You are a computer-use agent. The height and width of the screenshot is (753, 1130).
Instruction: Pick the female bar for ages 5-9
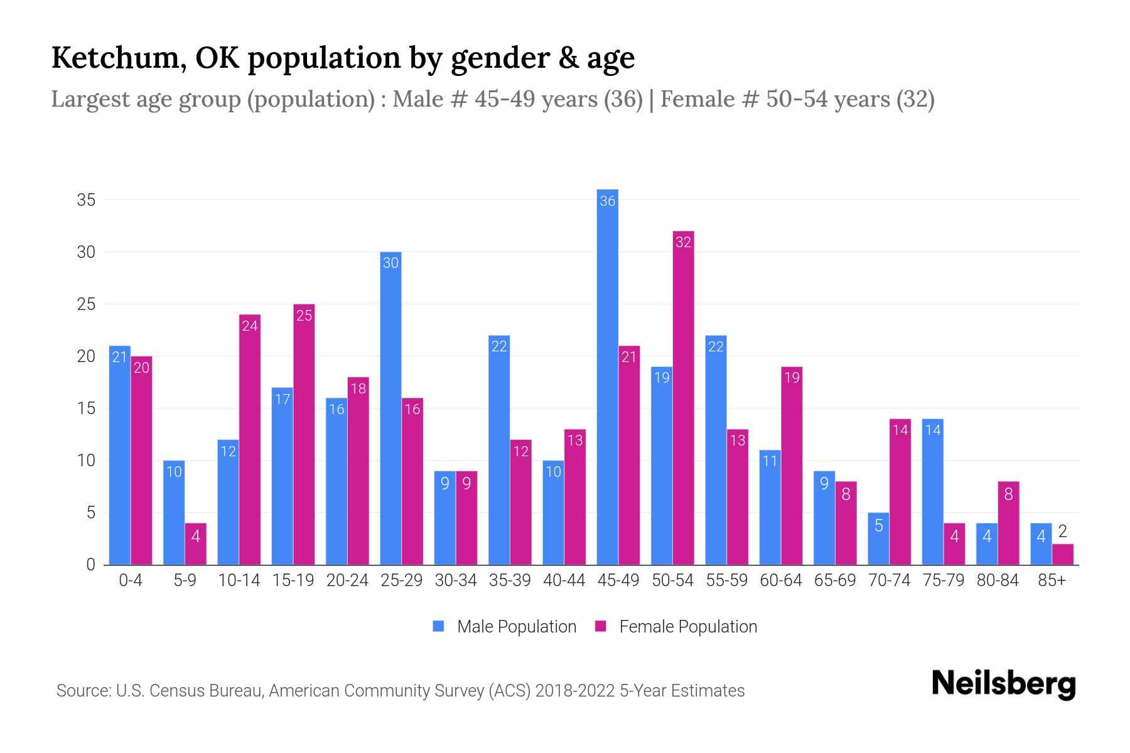pos(196,545)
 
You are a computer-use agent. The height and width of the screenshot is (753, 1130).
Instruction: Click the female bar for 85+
pos(1063,555)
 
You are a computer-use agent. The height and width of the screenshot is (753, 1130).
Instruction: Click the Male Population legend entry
pos(505,627)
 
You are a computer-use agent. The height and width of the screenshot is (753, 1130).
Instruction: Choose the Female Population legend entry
pos(676,627)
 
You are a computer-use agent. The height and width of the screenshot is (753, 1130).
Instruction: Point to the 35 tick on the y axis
pos(86,200)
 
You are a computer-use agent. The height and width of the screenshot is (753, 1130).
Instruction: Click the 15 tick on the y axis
pos(86,409)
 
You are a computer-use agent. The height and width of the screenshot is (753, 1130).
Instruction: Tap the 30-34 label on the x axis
pos(456,580)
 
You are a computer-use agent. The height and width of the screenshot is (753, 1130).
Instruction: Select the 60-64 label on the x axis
pos(781,580)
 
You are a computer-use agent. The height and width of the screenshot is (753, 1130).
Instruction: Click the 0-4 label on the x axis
pos(131,580)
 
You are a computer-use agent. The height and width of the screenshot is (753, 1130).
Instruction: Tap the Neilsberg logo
pos(1003,684)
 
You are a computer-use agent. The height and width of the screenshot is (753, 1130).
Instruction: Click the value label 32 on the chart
pos(683,242)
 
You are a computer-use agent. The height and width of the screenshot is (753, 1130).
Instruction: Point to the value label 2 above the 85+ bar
pos(1063,532)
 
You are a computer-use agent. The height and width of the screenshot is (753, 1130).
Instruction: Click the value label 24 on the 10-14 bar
pos(250,326)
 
